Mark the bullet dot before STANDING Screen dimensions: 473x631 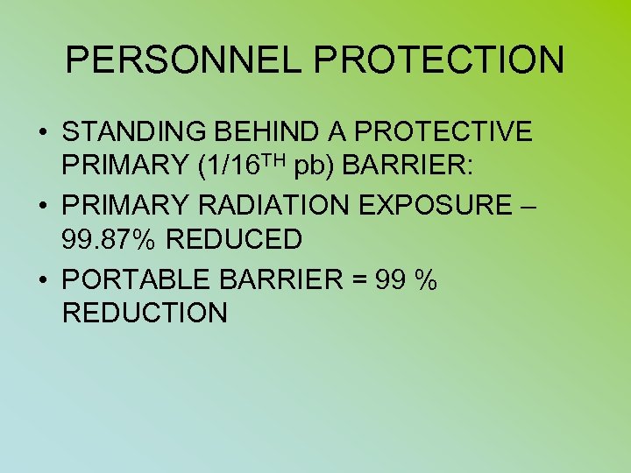42,133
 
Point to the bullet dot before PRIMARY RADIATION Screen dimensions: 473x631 42,207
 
